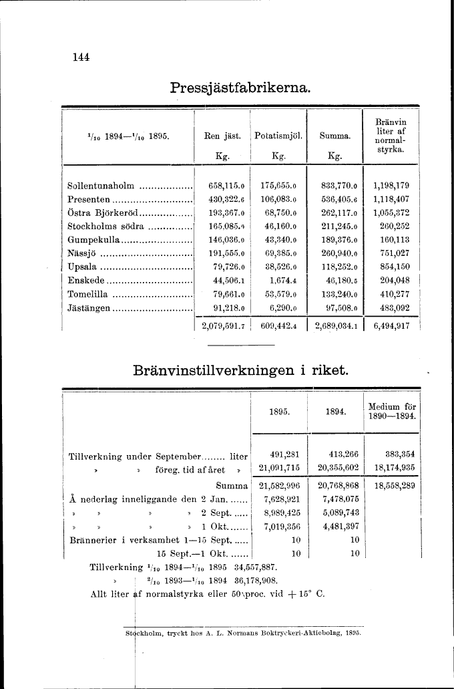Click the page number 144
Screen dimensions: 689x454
tap(81, 57)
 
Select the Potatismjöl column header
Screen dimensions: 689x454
tap(278, 136)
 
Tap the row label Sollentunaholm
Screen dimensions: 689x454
tap(101, 186)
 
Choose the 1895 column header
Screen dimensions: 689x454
tap(278, 412)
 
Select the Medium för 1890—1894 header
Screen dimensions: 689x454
tap(392, 412)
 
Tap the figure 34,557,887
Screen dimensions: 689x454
tap(255, 567)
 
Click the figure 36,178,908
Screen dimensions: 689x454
tap(255, 579)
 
